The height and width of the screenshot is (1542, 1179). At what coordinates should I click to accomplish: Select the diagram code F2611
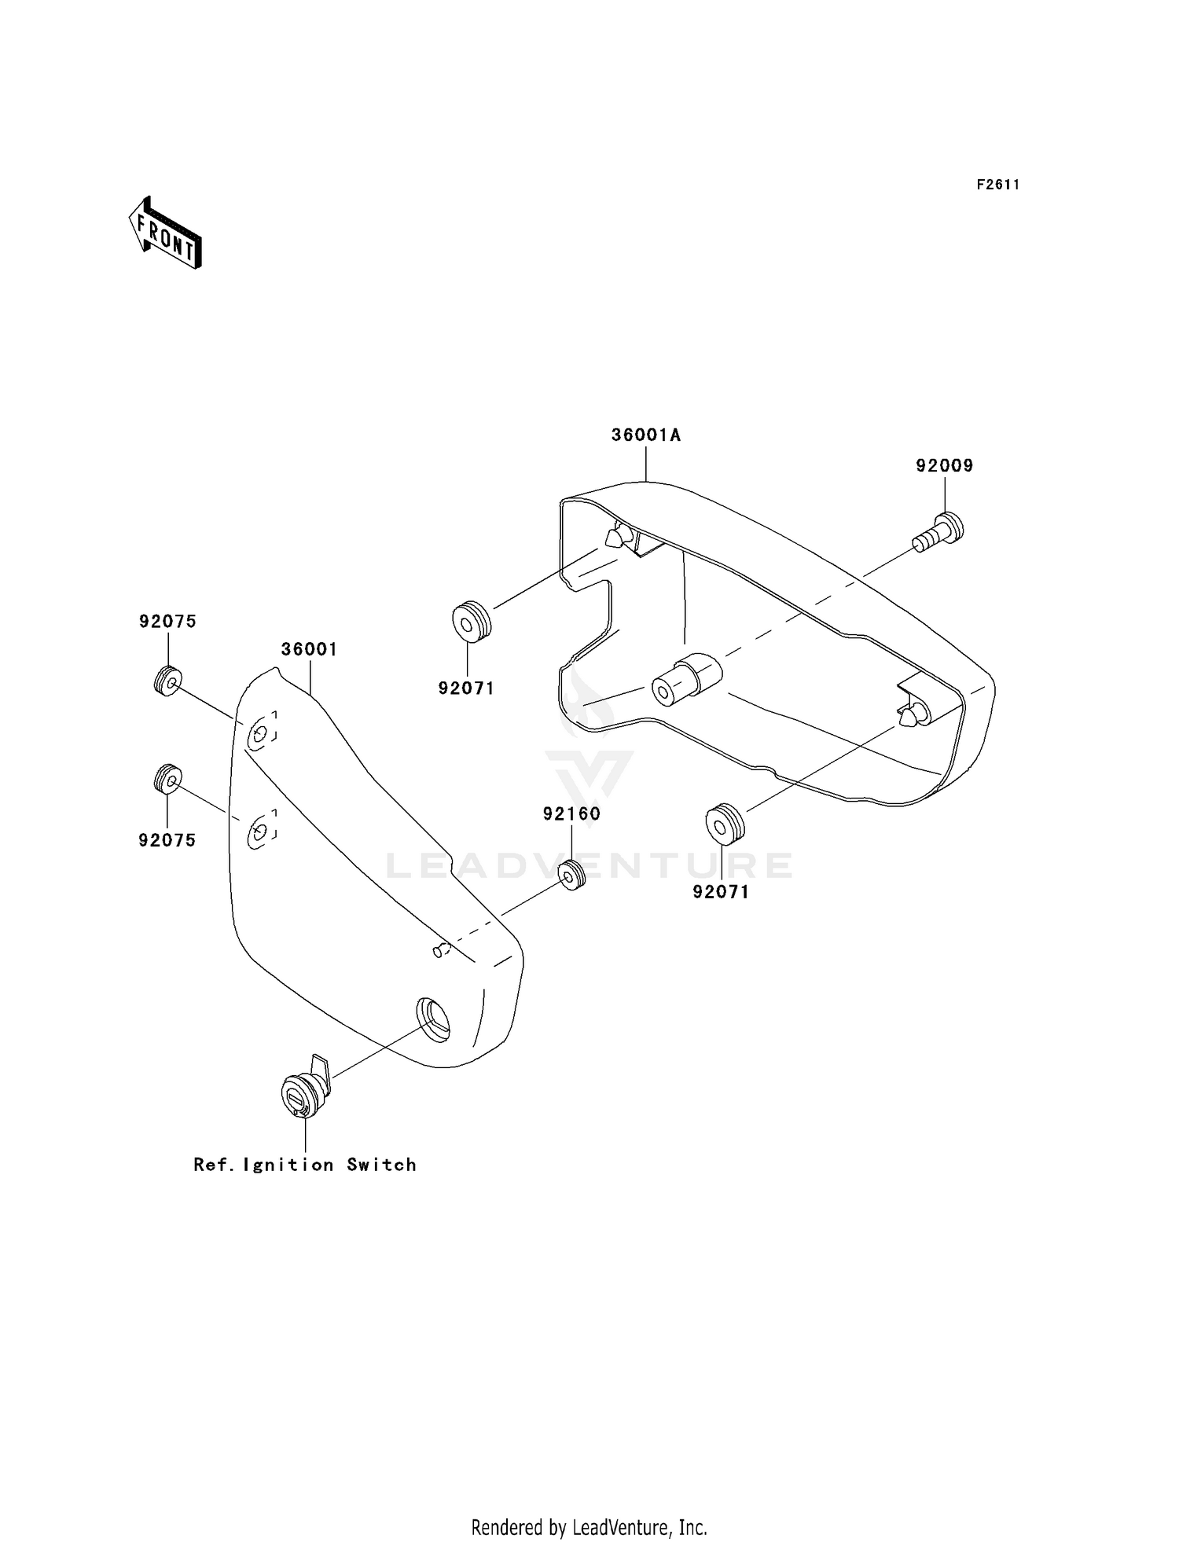pos(997,185)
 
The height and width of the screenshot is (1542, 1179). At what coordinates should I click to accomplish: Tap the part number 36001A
pos(645,435)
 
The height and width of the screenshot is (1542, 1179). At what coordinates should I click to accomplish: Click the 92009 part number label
pos(944,466)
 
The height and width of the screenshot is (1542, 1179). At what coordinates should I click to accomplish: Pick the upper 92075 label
pos(167,622)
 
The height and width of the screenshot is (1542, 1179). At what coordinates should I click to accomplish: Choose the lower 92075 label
pos(167,840)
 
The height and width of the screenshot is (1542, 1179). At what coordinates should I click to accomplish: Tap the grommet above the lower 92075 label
pos(167,779)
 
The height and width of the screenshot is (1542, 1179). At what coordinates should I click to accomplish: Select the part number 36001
pos(310,650)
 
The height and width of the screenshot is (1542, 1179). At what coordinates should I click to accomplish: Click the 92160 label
pos(571,814)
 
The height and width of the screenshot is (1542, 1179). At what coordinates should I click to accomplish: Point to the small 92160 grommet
pos(571,875)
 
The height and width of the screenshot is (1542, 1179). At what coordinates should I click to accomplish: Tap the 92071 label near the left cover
pos(467,688)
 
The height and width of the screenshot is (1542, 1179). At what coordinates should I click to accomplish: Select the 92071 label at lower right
pos(721,892)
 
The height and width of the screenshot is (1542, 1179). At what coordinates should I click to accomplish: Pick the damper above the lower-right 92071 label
pos(725,823)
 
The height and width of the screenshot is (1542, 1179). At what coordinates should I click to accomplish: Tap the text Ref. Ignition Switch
pos(305,1165)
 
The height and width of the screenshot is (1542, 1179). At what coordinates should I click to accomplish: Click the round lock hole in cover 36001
pos(433,1019)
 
